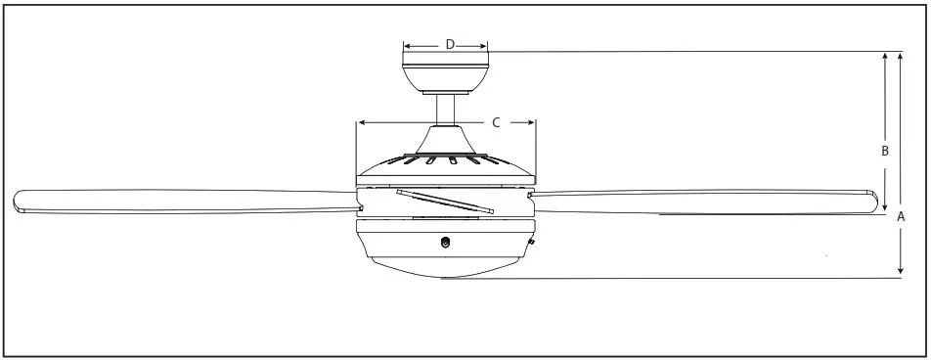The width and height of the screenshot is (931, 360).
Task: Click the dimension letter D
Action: [450, 44]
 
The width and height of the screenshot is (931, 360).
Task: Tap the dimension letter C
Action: [496, 122]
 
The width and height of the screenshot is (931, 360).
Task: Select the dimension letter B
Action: [884, 152]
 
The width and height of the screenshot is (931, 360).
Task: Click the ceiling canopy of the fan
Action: [446, 74]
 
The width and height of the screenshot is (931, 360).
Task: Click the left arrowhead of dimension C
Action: [361, 122]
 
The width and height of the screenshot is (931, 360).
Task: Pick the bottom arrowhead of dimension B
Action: [886, 196]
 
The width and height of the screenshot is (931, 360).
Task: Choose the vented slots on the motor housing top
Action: [446, 157]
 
